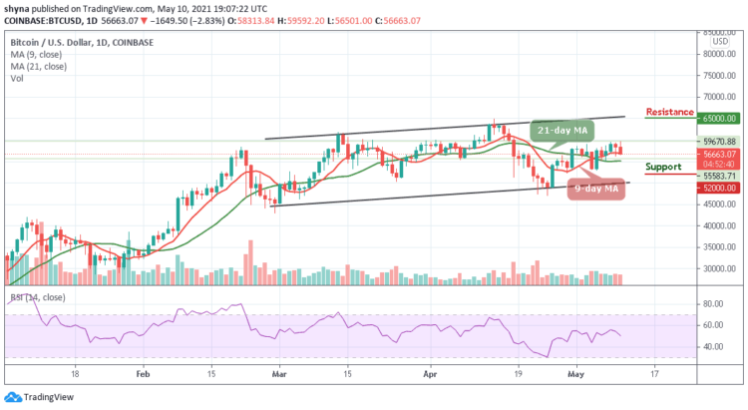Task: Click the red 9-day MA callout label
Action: click(596, 187)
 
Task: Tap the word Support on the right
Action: click(663, 167)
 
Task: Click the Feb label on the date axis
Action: click(143, 374)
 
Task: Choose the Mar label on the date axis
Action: click(281, 374)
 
